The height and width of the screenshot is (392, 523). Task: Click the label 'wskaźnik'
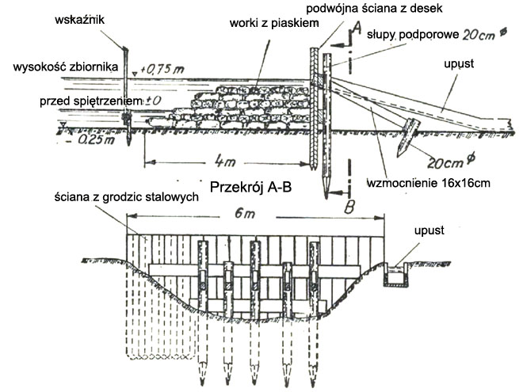80,20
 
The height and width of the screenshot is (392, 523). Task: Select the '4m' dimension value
225,162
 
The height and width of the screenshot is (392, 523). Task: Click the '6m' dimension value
245,213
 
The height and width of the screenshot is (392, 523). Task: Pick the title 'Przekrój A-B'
250,188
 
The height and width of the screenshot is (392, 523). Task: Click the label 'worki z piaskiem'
274,23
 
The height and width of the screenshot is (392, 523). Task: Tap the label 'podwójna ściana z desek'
374,8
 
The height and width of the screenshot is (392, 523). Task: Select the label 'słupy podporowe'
413,35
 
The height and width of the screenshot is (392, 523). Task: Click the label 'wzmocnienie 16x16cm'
429,183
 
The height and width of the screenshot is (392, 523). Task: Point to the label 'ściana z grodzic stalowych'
127,197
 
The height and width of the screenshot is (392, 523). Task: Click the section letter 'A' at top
356,28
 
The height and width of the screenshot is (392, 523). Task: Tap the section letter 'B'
349,207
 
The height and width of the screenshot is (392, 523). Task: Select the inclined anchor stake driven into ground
407,137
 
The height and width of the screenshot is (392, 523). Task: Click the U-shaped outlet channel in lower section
395,275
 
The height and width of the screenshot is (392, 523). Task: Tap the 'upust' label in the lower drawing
429,230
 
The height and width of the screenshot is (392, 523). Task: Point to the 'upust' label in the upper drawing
459,63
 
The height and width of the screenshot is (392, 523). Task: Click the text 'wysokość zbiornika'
66,67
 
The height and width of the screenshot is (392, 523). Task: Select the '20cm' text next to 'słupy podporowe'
479,35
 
